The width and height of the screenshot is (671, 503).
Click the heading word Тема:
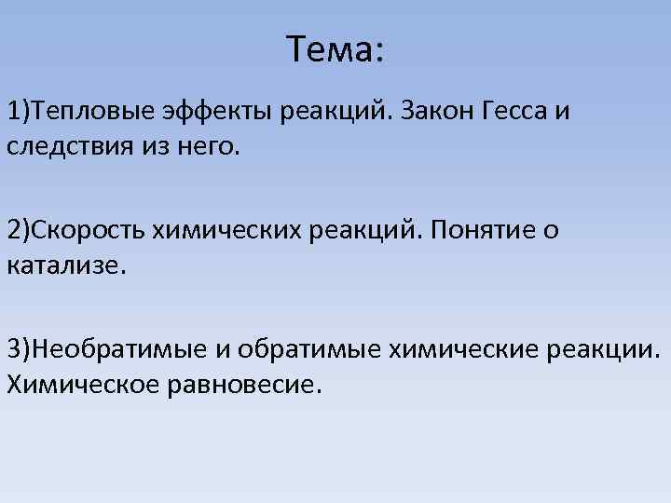pos(335,49)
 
